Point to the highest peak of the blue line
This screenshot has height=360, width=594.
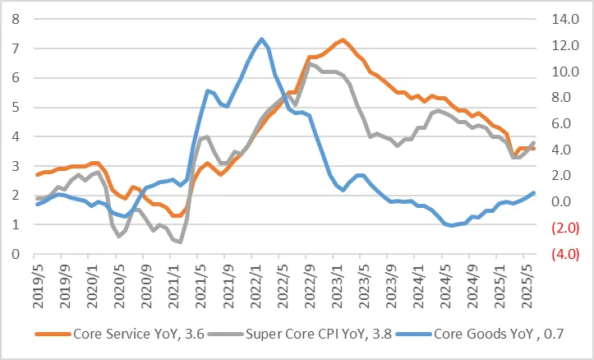coord(261,39)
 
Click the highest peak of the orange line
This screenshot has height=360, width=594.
coord(342,39)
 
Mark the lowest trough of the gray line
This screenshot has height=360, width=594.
coord(180,242)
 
